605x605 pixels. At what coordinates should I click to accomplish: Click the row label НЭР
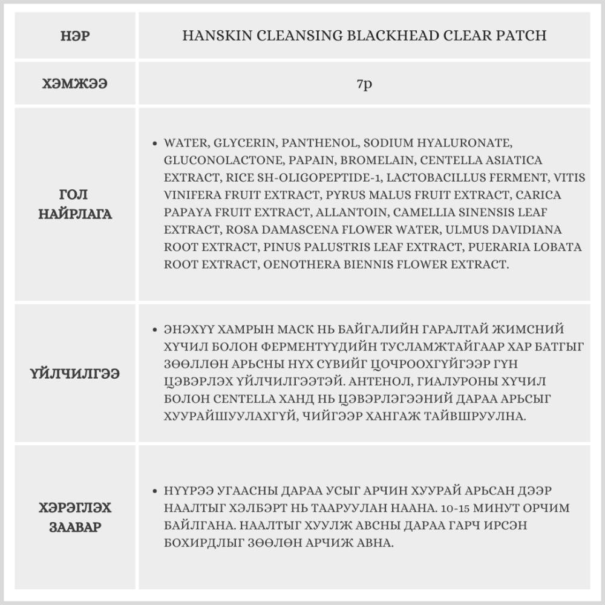pyautogui.click(x=75, y=36)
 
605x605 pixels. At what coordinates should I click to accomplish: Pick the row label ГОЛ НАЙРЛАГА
pyautogui.click(x=75, y=204)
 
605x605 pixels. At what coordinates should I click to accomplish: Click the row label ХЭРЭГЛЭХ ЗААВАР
pyautogui.click(x=75, y=517)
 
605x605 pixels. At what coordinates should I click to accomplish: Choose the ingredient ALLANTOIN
pyautogui.click(x=354, y=212)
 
